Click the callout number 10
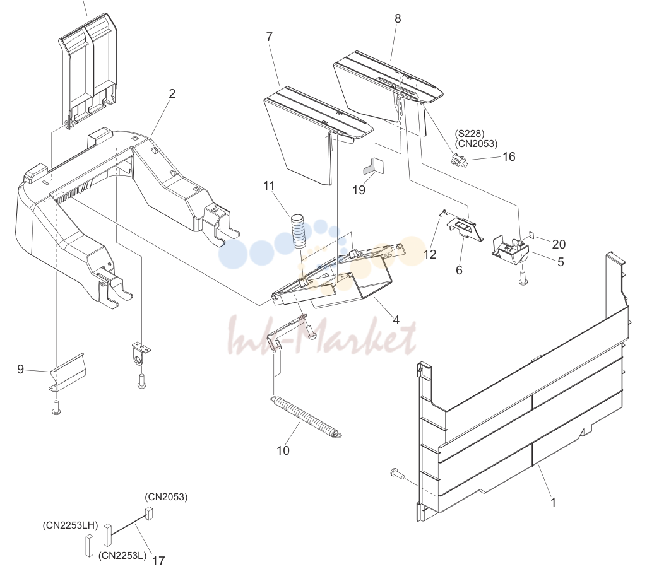tap(283, 450)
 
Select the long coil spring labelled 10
tap(306, 417)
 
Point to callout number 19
tap(359, 190)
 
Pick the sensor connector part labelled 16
tap(458, 160)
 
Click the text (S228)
tap(470, 134)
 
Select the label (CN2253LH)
tap(70, 525)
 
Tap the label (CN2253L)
tap(122, 556)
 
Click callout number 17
tap(158, 561)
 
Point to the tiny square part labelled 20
tap(531, 235)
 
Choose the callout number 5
tap(561, 262)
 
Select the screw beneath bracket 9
tap(56, 407)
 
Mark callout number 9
tap(21, 369)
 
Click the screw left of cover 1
tap(396, 473)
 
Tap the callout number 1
tap(554, 502)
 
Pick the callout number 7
tap(270, 37)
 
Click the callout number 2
tap(172, 93)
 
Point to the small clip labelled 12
tap(442, 213)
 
